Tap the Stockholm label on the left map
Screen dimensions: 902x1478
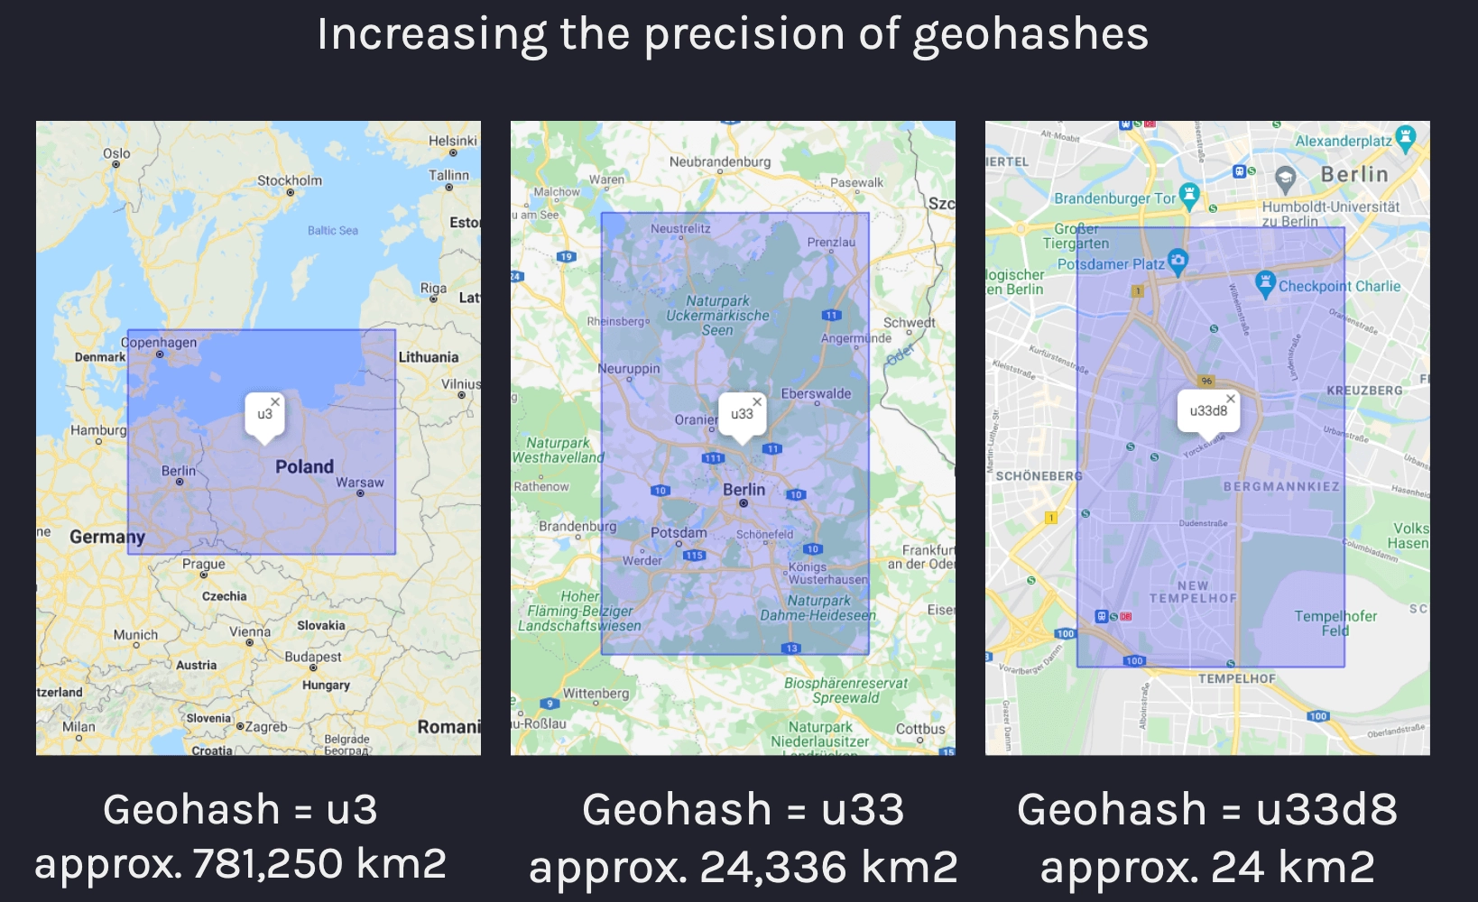coord(289,180)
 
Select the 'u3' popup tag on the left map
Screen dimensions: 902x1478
coord(263,414)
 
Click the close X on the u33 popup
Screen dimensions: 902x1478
coord(757,401)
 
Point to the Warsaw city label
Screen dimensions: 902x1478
coord(360,483)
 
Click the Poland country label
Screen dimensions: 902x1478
coord(304,466)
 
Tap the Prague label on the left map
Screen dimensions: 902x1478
coord(204,564)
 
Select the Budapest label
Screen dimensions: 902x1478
coord(313,657)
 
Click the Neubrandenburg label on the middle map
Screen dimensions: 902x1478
coord(720,161)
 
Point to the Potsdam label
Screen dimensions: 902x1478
coord(679,532)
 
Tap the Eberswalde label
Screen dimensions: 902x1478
coord(816,393)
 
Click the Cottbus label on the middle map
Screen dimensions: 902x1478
coord(920,729)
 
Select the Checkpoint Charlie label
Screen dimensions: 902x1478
coord(1339,286)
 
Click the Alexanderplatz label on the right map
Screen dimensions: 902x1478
coord(1344,141)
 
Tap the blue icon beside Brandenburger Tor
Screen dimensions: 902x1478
coord(1189,195)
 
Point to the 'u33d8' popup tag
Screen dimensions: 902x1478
coord(1207,410)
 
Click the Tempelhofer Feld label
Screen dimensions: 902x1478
coord(1335,623)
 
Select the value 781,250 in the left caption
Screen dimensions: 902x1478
coord(268,864)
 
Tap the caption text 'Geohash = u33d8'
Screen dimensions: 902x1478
coord(1207,809)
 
